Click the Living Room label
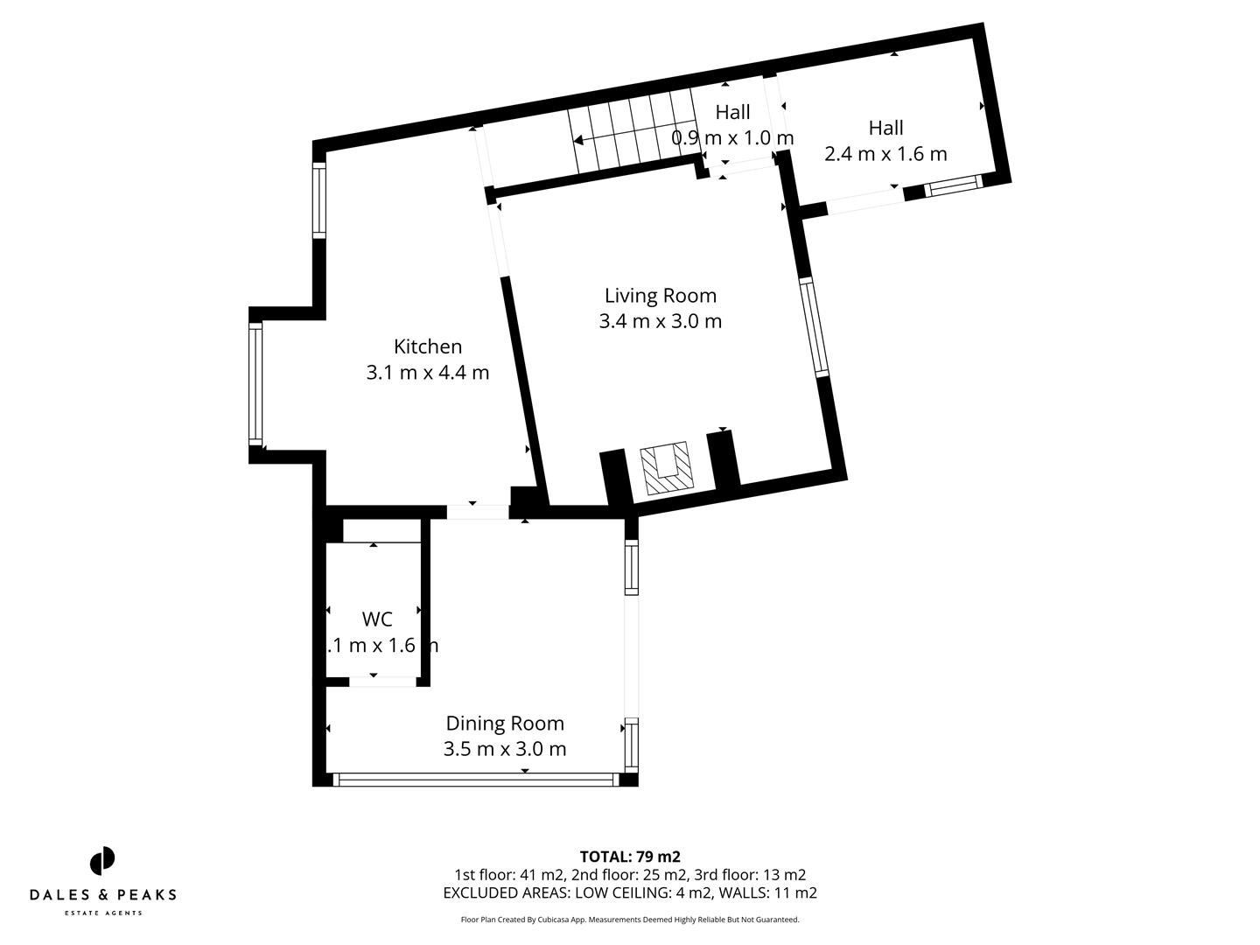[660, 296]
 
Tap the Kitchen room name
[427, 346]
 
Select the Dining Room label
[505, 724]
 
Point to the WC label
[377, 619]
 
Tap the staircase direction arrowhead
[577, 140]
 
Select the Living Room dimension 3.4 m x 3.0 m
[660, 321]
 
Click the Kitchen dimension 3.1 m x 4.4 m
[427, 373]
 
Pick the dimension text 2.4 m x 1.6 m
[885, 154]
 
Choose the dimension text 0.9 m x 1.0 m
[732, 138]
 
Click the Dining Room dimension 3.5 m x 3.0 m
[505, 749]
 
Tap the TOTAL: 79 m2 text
[630, 857]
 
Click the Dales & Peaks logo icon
[102, 860]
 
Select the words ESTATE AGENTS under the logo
[103, 913]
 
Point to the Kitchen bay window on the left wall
[255, 382]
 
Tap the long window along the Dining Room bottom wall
[476, 779]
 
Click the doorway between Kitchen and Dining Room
[477, 512]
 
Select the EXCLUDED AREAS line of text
[630, 893]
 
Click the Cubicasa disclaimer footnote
[630, 920]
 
